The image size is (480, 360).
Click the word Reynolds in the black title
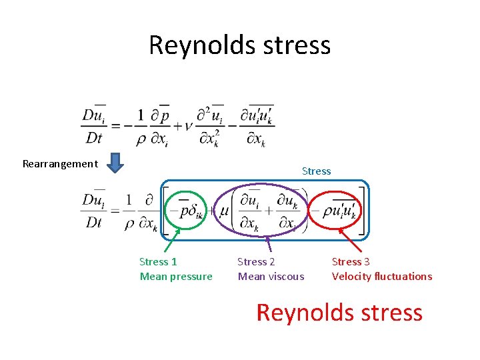tap(201, 45)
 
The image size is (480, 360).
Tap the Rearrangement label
tap(60, 164)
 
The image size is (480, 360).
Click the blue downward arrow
tap(115, 163)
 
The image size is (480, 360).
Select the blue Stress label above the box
tap(316, 171)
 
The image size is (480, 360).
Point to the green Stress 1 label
tap(158, 262)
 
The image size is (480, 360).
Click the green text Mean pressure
tap(176, 277)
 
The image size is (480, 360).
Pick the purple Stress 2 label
tap(256, 262)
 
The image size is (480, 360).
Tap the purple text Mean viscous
tap(271, 277)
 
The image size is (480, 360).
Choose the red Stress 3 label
tap(351, 262)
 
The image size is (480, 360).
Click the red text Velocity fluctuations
tap(382, 277)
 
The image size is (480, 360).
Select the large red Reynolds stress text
tap(339, 313)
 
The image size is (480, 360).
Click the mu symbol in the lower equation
tap(225, 213)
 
